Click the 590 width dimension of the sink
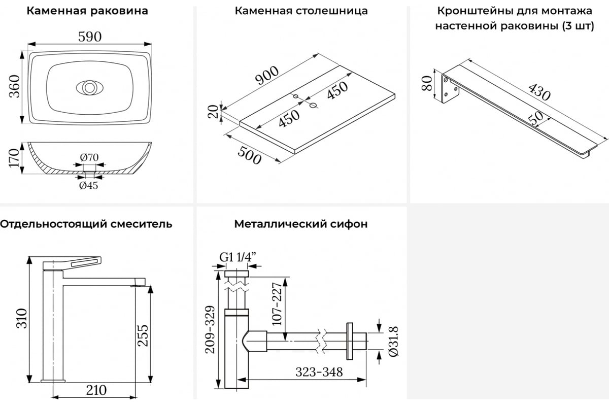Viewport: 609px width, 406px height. point(90,37)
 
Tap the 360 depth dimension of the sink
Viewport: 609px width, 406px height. point(15,86)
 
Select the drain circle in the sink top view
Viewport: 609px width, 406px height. point(89,88)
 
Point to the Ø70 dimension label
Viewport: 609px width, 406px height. point(89,157)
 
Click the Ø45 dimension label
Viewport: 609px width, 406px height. point(89,185)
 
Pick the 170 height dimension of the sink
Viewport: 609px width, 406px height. point(14,158)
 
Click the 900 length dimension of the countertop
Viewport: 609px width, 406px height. point(267,75)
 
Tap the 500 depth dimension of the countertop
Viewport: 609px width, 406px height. point(249,155)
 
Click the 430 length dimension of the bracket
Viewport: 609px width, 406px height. point(539,92)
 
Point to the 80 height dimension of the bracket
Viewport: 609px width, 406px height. point(427,83)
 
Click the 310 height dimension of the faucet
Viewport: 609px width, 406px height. point(22,318)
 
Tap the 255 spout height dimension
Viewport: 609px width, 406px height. point(143,335)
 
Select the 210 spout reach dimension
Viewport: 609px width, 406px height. point(96,390)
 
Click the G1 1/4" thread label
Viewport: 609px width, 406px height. point(238,257)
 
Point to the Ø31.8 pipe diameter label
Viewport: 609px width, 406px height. point(393,341)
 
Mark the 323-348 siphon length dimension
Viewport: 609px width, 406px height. point(319,372)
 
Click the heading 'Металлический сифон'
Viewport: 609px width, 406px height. point(301,224)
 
